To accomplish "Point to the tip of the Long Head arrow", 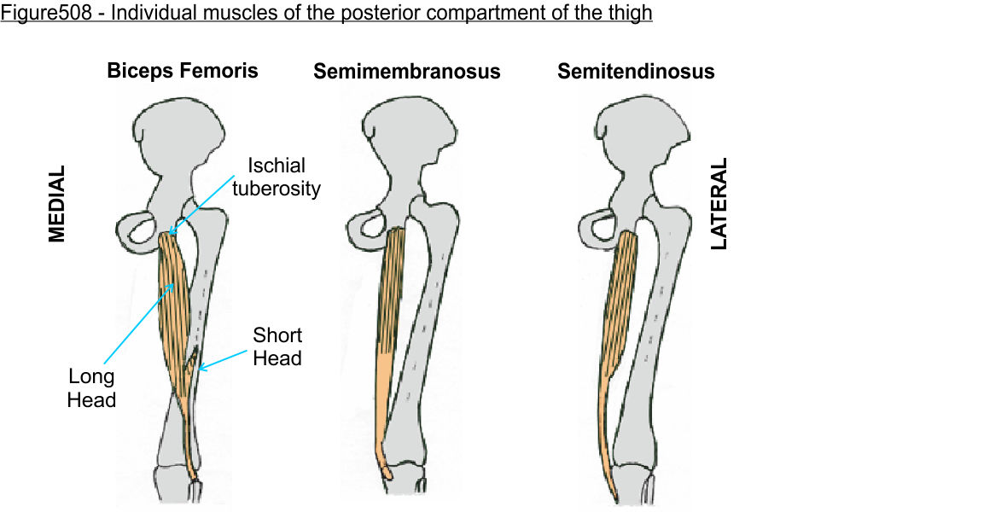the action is click(174, 283).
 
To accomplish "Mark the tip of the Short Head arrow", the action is click(198, 370).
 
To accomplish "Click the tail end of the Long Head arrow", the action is click(104, 364).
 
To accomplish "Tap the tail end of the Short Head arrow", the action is click(247, 351).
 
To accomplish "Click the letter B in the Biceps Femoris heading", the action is click(114, 70).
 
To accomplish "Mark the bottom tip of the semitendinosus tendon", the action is click(616, 501).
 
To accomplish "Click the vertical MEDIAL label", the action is click(56, 203).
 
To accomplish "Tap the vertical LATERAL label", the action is click(719, 203).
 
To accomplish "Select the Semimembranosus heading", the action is click(406, 72).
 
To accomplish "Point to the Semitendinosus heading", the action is click(636, 72).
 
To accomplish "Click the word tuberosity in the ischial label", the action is click(277, 189).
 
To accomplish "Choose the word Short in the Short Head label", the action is click(277, 335).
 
